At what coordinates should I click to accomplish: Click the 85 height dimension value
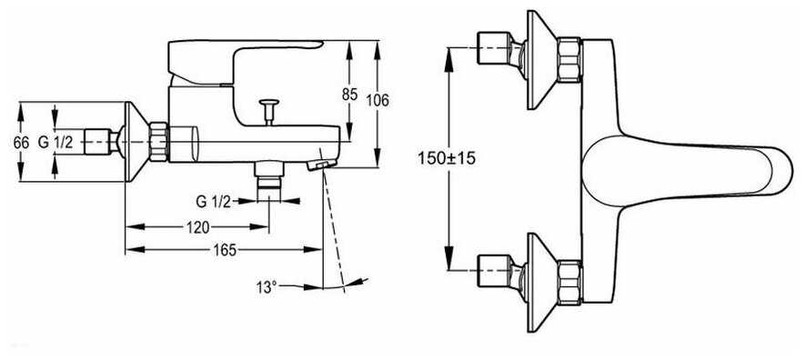[x=349, y=94]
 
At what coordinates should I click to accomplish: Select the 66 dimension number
[x=21, y=143]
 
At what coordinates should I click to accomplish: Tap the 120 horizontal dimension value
[x=197, y=227]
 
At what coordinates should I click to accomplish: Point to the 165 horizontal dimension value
[x=225, y=250]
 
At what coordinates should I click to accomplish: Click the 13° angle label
[x=267, y=287]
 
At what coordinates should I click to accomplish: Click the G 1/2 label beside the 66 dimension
[x=55, y=143]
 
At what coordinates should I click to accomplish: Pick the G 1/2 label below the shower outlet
[x=213, y=202]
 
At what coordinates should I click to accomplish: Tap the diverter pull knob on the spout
[x=269, y=111]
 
